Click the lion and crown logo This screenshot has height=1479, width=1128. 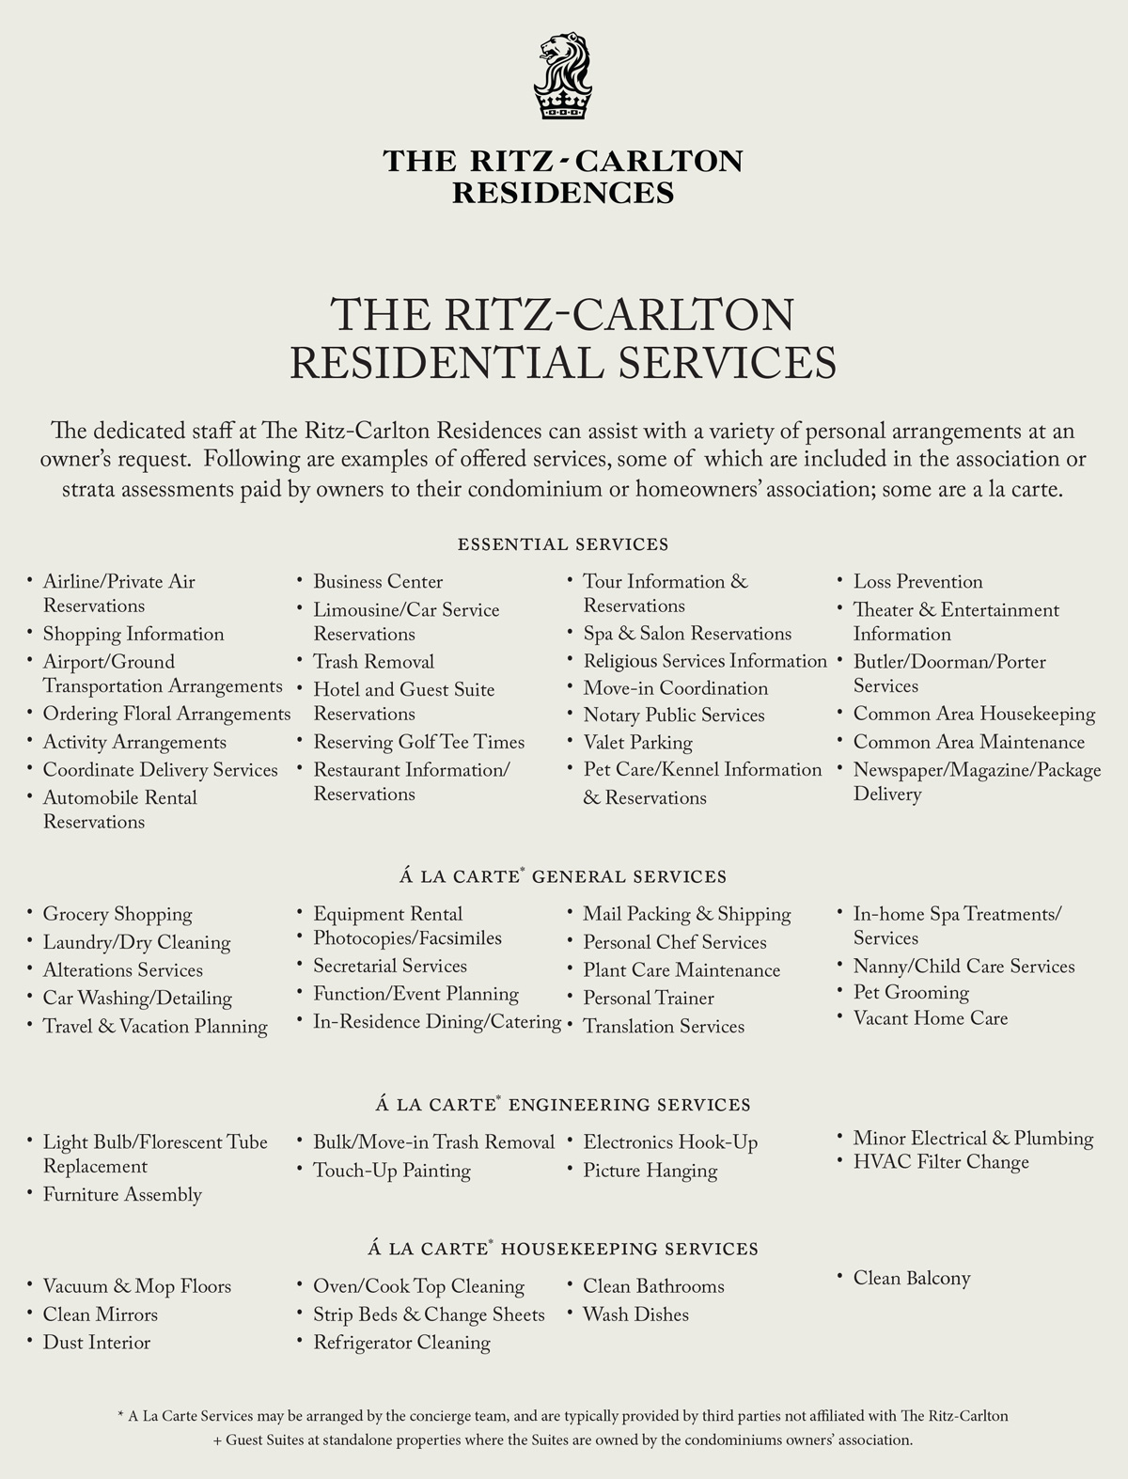coord(563,77)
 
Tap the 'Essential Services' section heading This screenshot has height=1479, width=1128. coord(563,544)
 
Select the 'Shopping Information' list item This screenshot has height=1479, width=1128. coord(133,634)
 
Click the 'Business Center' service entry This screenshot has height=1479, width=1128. coord(378,582)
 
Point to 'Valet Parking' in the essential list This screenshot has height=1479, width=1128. coord(637,743)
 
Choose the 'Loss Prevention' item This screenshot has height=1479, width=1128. coord(917,582)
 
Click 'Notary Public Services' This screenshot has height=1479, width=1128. coord(674,716)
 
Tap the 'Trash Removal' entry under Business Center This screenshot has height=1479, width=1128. coord(373,662)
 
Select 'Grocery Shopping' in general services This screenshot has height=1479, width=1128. coord(117,914)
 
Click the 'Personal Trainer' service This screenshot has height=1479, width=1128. coord(649,999)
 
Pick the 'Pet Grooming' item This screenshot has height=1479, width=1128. coord(911,993)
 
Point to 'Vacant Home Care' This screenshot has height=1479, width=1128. coord(930,1018)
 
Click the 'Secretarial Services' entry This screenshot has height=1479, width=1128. coord(390,967)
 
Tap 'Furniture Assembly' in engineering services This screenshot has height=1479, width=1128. coord(122,1195)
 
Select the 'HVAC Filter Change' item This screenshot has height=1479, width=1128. coord(941,1163)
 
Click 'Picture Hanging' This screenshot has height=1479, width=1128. coord(650,1172)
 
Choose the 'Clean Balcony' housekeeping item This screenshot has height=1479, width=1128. coord(912,1279)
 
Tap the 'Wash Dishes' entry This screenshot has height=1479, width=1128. coord(635,1315)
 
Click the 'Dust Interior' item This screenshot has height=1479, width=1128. coord(96,1343)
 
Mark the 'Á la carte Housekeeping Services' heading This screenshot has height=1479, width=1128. coord(563,1250)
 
